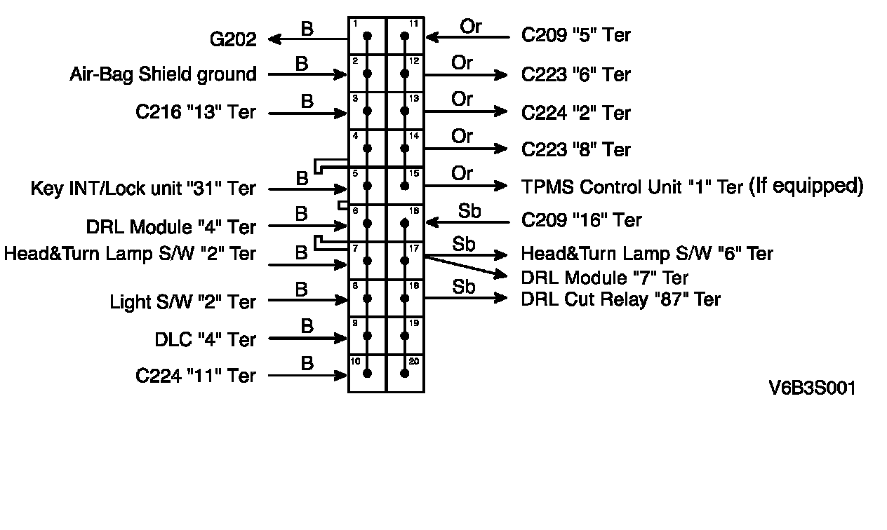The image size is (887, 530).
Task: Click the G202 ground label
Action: point(233,40)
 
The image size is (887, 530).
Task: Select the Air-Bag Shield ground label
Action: point(163,74)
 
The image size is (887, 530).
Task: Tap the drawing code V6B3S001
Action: point(812,388)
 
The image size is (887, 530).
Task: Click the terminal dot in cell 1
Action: point(367,36)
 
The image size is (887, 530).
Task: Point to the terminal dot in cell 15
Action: point(405,186)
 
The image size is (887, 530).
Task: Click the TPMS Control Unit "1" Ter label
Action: point(632,186)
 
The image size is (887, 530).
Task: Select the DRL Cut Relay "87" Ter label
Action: point(620,299)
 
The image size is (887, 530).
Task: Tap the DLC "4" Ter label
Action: point(205,340)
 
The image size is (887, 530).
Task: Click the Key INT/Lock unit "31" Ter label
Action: point(143,189)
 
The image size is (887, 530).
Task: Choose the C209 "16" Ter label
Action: point(582,221)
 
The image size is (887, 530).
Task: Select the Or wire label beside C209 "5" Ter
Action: point(471,27)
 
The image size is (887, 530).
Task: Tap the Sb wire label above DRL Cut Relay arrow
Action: point(463,287)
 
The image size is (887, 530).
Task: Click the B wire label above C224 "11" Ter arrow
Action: point(307,363)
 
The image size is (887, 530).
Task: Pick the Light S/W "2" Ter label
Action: point(182,302)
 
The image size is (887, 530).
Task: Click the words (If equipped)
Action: point(806,186)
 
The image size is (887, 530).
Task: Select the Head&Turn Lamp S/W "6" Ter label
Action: point(646,254)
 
